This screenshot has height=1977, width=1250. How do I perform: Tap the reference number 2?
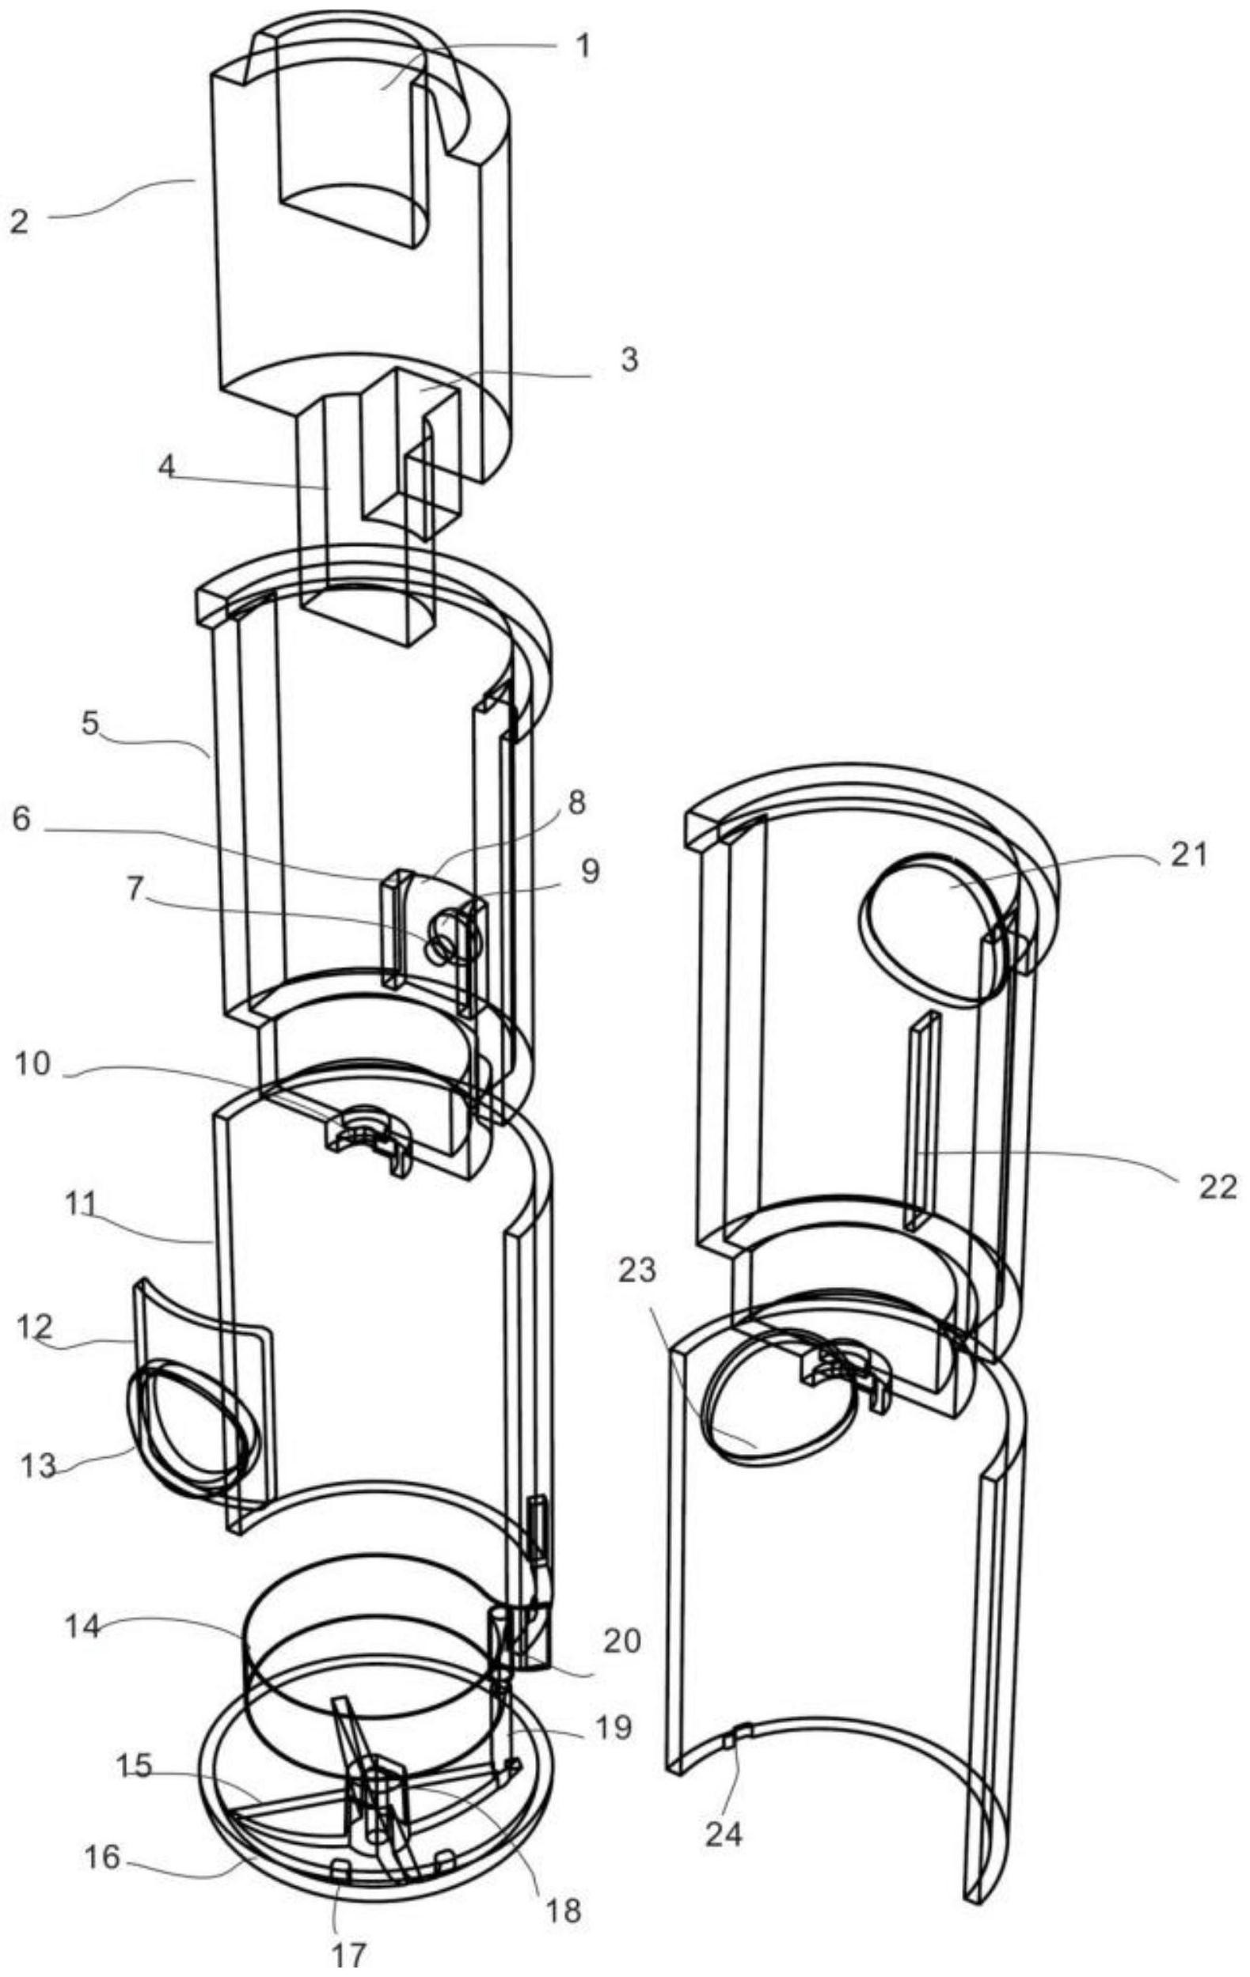pyautogui.click(x=20, y=221)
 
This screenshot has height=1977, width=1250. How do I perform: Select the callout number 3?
pyautogui.click(x=629, y=361)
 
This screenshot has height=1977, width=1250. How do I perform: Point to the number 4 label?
pyautogui.click(x=167, y=468)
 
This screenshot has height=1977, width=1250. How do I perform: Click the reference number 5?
pyautogui.click(x=90, y=724)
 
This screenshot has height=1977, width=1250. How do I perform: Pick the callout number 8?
pyautogui.click(x=576, y=803)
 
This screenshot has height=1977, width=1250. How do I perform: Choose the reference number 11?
pyautogui.click(x=82, y=1204)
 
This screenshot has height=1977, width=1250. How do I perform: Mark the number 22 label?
pyautogui.click(x=1218, y=1186)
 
